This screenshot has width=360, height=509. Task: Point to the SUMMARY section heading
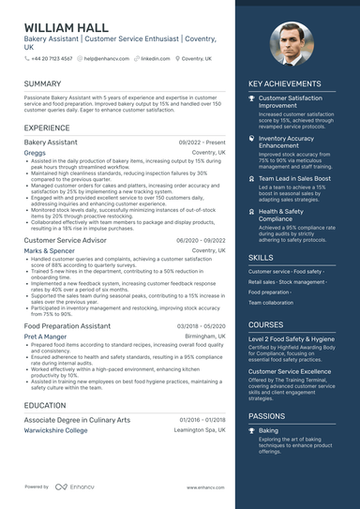(x=43, y=84)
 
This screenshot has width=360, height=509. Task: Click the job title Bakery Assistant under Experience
(x=51, y=142)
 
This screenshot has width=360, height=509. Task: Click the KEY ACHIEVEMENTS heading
(x=284, y=84)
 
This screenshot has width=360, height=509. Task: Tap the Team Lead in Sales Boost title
(x=295, y=177)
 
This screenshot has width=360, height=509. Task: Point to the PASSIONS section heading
(x=266, y=415)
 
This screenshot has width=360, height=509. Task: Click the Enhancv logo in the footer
(x=76, y=487)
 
